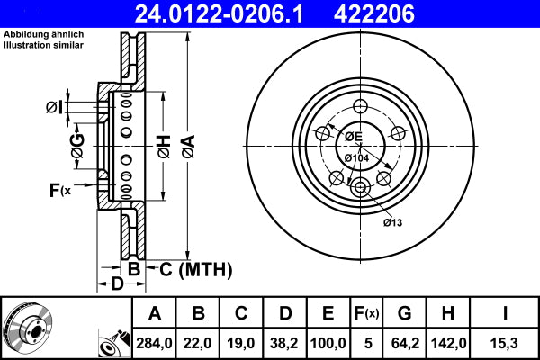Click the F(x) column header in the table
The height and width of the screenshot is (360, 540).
[x=367, y=313]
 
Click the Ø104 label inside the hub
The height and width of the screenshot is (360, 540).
[x=357, y=158]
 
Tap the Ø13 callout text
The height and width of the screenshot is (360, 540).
[x=391, y=221]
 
